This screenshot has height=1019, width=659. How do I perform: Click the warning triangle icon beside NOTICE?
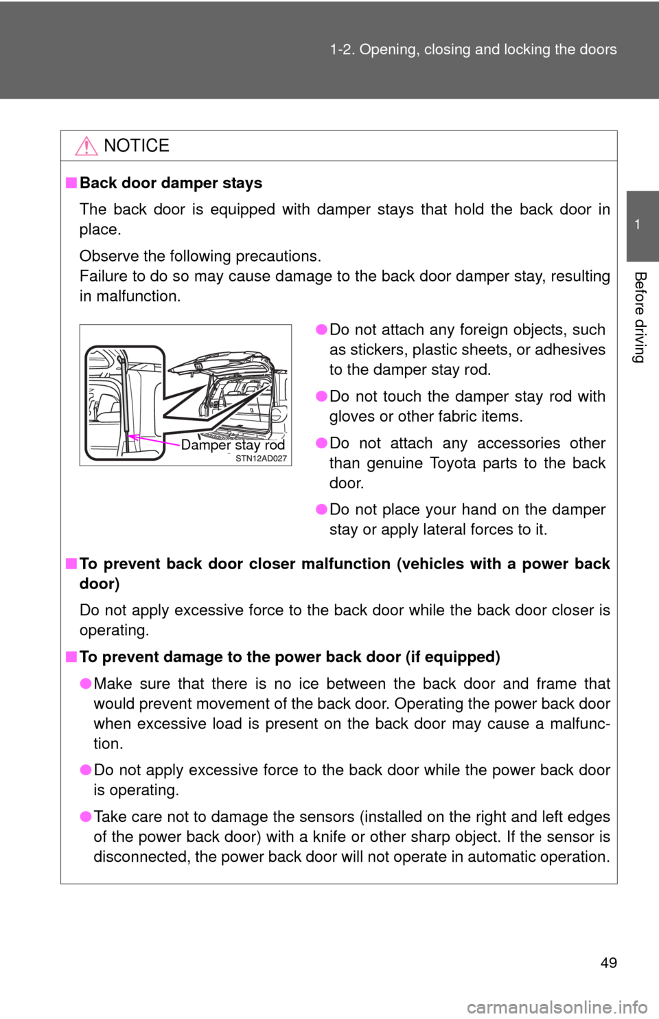tap(86, 147)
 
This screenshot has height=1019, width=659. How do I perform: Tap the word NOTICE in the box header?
tap(137, 146)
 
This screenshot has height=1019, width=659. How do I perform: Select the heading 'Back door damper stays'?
tap(171, 183)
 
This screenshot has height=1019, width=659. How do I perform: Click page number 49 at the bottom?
tap(608, 963)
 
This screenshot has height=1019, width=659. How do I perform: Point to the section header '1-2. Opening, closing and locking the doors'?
tap(474, 49)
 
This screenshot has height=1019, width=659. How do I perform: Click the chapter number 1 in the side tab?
tap(638, 225)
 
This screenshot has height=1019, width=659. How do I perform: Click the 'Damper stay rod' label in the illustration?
tap(233, 445)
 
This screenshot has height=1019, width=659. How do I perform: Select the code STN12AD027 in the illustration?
tap(261, 458)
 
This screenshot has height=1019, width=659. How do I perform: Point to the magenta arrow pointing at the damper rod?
tap(154, 439)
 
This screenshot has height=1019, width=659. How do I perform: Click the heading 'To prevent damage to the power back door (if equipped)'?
tap(290, 657)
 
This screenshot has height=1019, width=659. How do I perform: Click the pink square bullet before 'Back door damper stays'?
tap(71, 183)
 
